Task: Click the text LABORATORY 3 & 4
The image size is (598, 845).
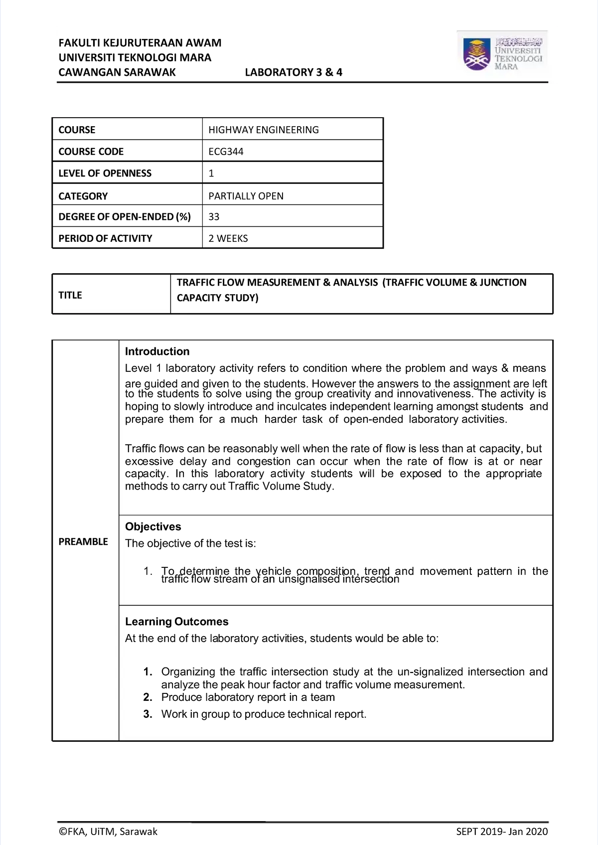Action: click(294, 72)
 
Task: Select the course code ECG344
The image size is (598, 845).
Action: click(226, 152)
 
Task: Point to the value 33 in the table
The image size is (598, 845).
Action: click(214, 217)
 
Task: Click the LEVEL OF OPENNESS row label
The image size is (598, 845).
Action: click(105, 173)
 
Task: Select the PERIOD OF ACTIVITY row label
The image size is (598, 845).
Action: click(105, 238)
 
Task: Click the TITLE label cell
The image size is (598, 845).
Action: click(70, 295)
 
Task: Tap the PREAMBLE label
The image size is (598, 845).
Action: click(83, 541)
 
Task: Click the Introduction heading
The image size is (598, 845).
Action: click(157, 351)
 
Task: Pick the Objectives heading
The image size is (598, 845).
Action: click(153, 526)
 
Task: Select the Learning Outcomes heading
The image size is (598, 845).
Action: click(176, 622)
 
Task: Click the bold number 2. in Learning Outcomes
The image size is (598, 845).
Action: click(148, 697)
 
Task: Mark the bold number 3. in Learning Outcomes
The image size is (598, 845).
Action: click(148, 714)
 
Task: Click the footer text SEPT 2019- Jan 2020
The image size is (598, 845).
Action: click(502, 832)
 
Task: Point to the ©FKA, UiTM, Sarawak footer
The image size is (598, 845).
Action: click(108, 832)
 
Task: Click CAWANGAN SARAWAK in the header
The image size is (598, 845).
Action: click(117, 72)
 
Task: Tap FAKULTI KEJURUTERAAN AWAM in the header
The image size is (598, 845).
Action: click(140, 43)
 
